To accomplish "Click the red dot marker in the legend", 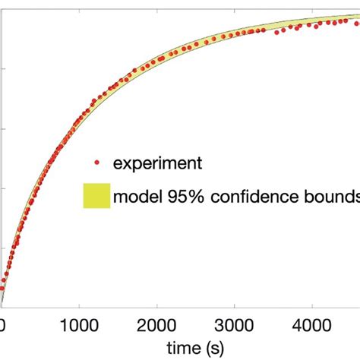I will pos(96,163).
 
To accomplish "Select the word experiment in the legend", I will pos(157,163).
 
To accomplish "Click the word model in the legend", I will pos(135,197).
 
